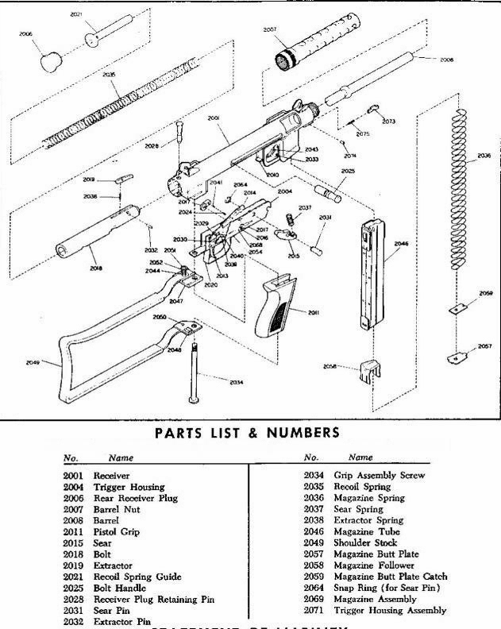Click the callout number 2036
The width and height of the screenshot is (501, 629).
coord(484,156)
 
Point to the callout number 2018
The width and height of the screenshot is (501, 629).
coord(95,268)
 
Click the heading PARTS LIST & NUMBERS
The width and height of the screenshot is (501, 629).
coord(249,434)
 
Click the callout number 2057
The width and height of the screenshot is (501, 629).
coord(484,347)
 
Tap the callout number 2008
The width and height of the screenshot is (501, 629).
coord(446,60)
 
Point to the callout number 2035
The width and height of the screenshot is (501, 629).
coord(108,74)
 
